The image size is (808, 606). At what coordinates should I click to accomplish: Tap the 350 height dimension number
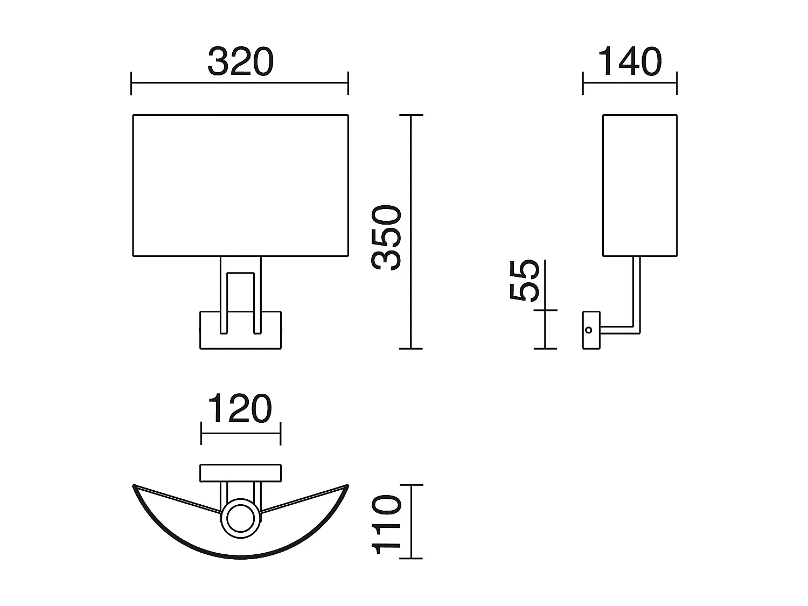click(387, 237)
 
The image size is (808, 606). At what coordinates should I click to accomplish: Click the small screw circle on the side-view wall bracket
click(589, 330)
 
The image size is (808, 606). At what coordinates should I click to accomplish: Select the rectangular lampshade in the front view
click(240, 185)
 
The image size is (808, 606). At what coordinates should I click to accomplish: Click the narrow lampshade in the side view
click(639, 185)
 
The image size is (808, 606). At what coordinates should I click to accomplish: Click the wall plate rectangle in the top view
click(240, 472)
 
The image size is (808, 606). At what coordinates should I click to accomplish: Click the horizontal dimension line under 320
click(240, 83)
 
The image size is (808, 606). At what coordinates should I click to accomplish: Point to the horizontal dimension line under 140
click(629, 83)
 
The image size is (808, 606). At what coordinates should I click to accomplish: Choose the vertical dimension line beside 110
click(411, 521)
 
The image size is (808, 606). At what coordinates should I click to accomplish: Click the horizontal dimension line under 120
click(240, 433)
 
